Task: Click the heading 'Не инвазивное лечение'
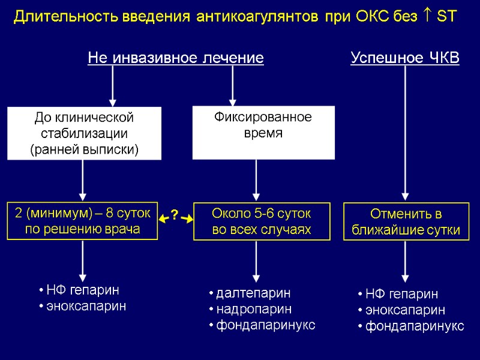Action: pyautogui.click(x=176, y=58)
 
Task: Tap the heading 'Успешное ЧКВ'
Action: pyautogui.click(x=404, y=58)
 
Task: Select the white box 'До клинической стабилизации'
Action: pyautogui.click(x=84, y=133)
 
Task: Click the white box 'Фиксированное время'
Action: pyautogui.click(x=263, y=133)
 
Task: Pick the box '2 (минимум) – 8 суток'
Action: pyautogui.click(x=82, y=221)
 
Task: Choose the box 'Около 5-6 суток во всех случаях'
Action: pyautogui.click(x=263, y=221)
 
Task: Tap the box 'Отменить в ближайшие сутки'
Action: pyautogui.click(x=406, y=221)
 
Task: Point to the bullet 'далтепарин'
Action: pyautogui.click(x=253, y=293)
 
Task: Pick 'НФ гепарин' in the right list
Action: pyautogui.click(x=401, y=294)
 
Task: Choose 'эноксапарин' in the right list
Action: pyautogui.click(x=405, y=310)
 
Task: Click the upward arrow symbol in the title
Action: pyautogui.click(x=428, y=17)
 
